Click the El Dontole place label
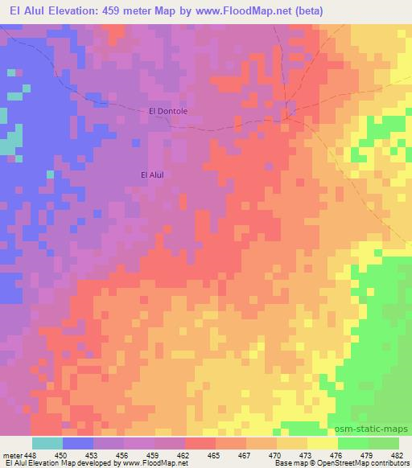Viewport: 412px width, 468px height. pos(168,111)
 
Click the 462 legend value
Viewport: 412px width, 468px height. pos(184,455)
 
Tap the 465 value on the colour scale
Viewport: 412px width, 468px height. pos(214,455)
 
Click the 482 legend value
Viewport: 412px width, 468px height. pos(396,455)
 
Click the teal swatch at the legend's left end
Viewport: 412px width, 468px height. pos(47,443)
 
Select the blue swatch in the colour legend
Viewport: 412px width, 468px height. pos(78,443)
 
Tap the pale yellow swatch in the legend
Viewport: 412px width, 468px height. pos(323,443)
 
